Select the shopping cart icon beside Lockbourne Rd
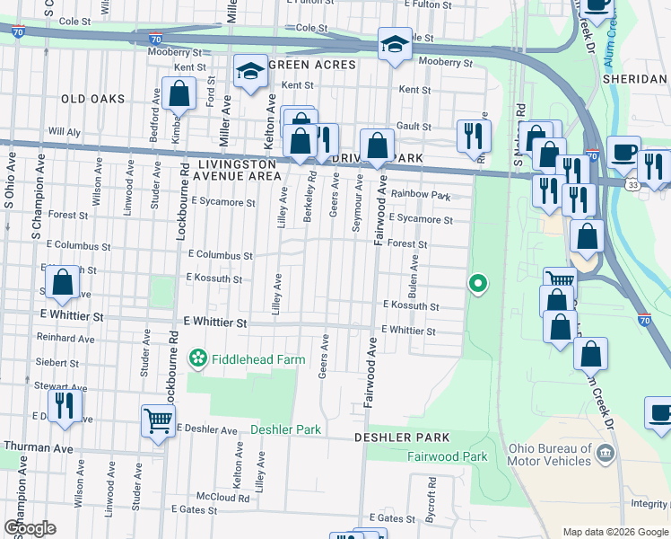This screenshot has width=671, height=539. tap(158, 420)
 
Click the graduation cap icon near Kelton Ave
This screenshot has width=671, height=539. tap(250, 71)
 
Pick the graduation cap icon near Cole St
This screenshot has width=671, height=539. tap(394, 44)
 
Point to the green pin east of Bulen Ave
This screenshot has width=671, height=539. tap(478, 285)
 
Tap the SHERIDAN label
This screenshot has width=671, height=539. tap(633, 79)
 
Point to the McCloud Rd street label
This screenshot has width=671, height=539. tap(222, 496)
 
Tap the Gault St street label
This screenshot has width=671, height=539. tap(414, 128)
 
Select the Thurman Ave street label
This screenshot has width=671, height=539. tap(39, 446)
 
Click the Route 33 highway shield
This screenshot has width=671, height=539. tap(632, 184)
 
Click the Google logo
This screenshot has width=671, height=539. tap(29, 528)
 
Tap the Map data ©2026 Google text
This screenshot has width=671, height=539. tap(614, 532)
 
